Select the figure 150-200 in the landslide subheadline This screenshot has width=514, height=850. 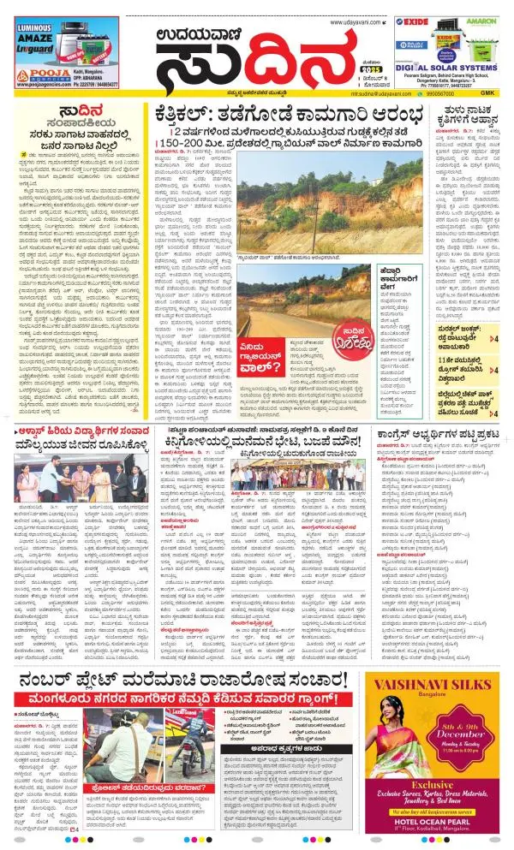pos(172,140)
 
